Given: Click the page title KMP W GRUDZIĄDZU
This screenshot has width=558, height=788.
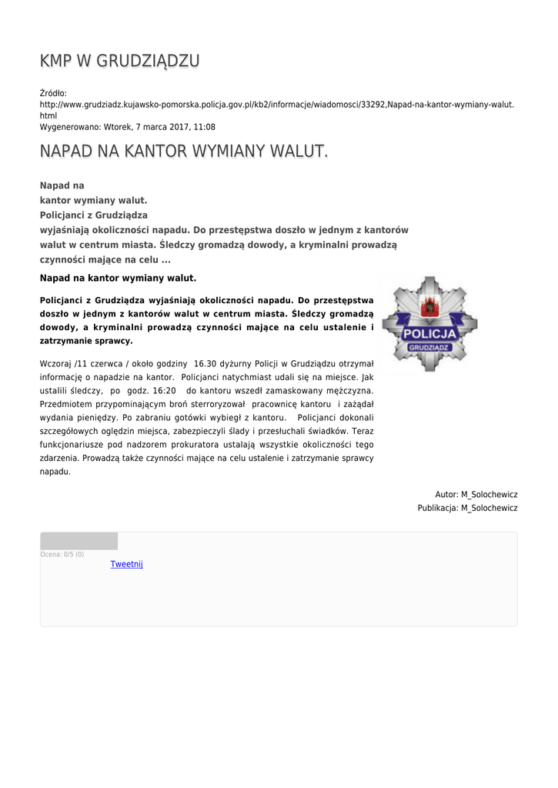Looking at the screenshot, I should [119, 61].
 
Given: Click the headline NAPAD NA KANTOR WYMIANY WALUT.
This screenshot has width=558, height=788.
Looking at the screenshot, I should [184, 152].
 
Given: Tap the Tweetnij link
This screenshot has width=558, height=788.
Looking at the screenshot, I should [126, 564].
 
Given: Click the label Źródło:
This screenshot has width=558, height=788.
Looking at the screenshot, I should [53, 92].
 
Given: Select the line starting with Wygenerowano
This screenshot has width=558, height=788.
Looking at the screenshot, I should [127, 127].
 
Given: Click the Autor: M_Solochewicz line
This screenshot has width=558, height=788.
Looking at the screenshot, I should [476, 494].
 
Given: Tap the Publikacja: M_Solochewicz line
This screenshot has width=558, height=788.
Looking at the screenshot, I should [467, 508].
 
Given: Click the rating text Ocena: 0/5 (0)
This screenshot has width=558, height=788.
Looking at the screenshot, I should [62, 554].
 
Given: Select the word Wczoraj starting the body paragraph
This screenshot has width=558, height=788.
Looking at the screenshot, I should [55, 363].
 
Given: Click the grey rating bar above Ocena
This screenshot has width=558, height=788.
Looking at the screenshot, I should [79, 541].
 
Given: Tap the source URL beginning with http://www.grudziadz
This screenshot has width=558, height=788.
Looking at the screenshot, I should [276, 104].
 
